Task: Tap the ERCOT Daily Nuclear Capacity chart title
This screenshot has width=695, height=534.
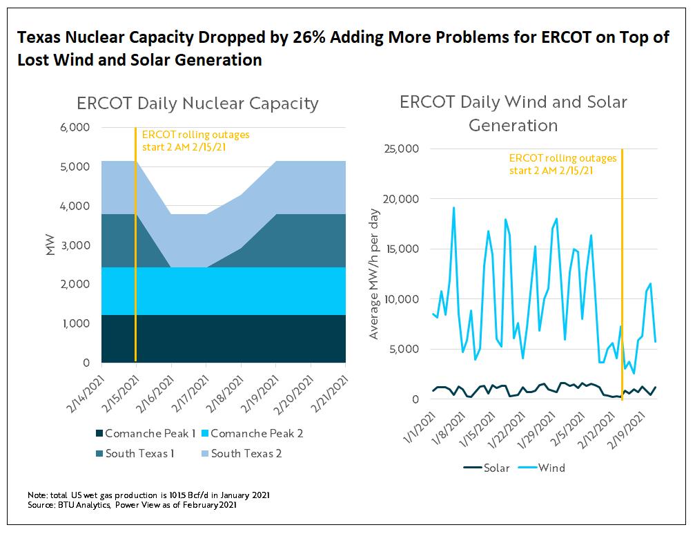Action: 197,104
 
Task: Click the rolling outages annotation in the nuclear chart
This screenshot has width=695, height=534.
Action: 195,140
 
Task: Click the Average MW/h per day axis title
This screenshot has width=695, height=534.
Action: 374,274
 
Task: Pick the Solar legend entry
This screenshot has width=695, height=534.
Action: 486,468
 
